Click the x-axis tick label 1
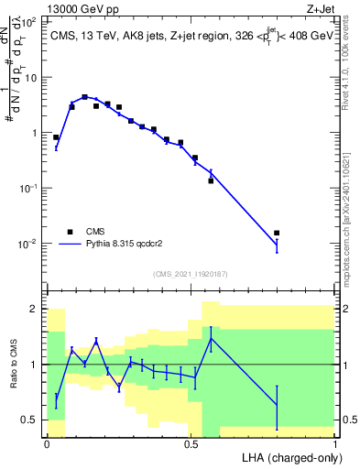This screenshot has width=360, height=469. pyautogui.click(x=335, y=442)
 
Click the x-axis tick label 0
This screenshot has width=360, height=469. pyautogui.click(x=47, y=442)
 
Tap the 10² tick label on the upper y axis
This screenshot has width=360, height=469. pyautogui.click(x=30, y=22)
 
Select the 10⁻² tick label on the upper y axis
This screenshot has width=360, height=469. pyautogui.click(x=29, y=244)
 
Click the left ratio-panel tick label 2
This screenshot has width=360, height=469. pyautogui.click(x=35, y=309)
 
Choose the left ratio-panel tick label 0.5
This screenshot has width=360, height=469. pyautogui.click(x=29, y=420)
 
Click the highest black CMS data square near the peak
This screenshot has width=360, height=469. pyautogui.click(x=85, y=96)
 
